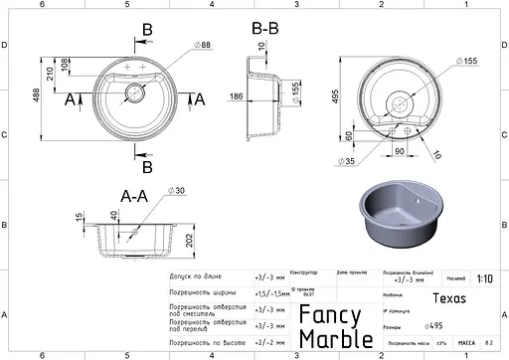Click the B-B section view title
[265, 29]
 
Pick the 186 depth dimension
[235, 96]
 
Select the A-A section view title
[136, 196]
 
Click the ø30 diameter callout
[178, 190]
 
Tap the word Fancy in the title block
[331, 315]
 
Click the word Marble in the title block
[336, 338]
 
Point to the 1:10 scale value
[483, 279]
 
